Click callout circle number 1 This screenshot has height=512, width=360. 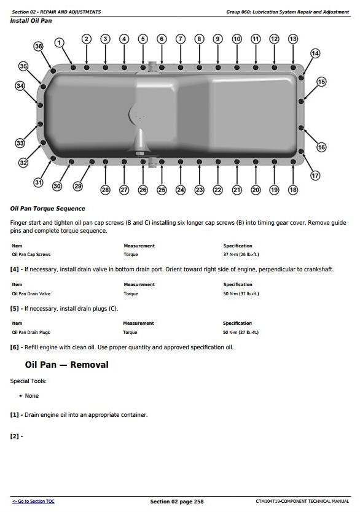60,42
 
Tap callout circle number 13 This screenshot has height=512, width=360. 293,39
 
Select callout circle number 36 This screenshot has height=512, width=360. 39,47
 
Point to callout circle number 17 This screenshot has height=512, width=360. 315,176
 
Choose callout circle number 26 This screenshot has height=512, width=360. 143,190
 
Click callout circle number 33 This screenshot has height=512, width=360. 20,143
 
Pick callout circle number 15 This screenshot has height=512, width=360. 321,82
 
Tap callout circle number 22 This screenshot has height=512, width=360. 217,190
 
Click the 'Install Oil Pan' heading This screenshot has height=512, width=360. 31,21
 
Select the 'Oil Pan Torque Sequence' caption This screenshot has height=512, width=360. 48,209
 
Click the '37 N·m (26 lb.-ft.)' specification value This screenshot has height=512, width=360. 241,254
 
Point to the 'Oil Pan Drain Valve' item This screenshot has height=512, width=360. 31,293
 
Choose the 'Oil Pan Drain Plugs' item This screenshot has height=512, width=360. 31,332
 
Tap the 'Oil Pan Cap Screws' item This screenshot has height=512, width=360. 31,254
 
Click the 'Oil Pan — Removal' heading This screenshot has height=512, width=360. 66,365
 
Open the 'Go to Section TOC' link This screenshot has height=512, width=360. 33,502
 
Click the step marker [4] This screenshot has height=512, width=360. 15,270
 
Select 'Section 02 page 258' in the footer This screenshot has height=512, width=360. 176,502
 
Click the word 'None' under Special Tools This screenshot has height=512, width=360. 31,396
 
